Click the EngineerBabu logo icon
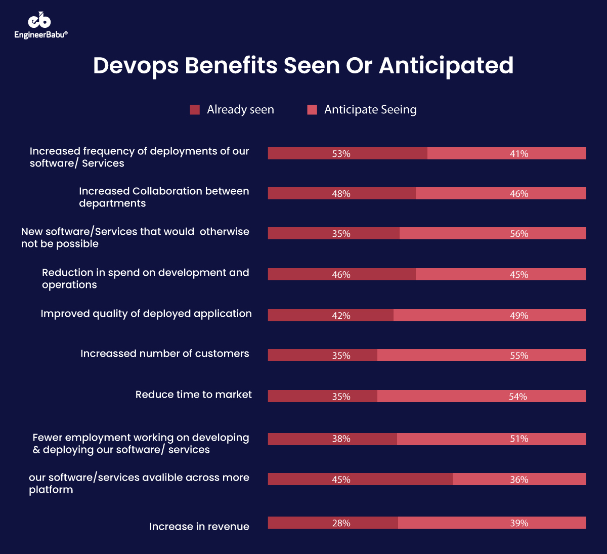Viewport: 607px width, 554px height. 39,20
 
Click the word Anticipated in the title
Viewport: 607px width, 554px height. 446,66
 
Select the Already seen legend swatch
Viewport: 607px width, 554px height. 195,110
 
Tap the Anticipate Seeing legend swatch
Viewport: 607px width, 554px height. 312,110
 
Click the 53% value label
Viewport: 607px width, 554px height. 341,154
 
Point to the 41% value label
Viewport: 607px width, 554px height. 519,154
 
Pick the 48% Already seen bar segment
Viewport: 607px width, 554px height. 341,193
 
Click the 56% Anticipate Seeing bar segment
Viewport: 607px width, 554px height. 493,233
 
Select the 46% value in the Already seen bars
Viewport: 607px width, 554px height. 341,275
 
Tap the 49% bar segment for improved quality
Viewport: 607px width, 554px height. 490,315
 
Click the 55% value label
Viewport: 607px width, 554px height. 519,356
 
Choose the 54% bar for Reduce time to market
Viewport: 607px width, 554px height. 482,396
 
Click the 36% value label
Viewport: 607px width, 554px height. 519,480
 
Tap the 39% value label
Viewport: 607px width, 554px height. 519,523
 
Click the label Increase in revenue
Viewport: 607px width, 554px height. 199,527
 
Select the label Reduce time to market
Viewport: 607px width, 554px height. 193,395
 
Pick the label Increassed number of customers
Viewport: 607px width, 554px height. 164,354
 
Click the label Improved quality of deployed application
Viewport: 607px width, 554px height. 146,314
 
